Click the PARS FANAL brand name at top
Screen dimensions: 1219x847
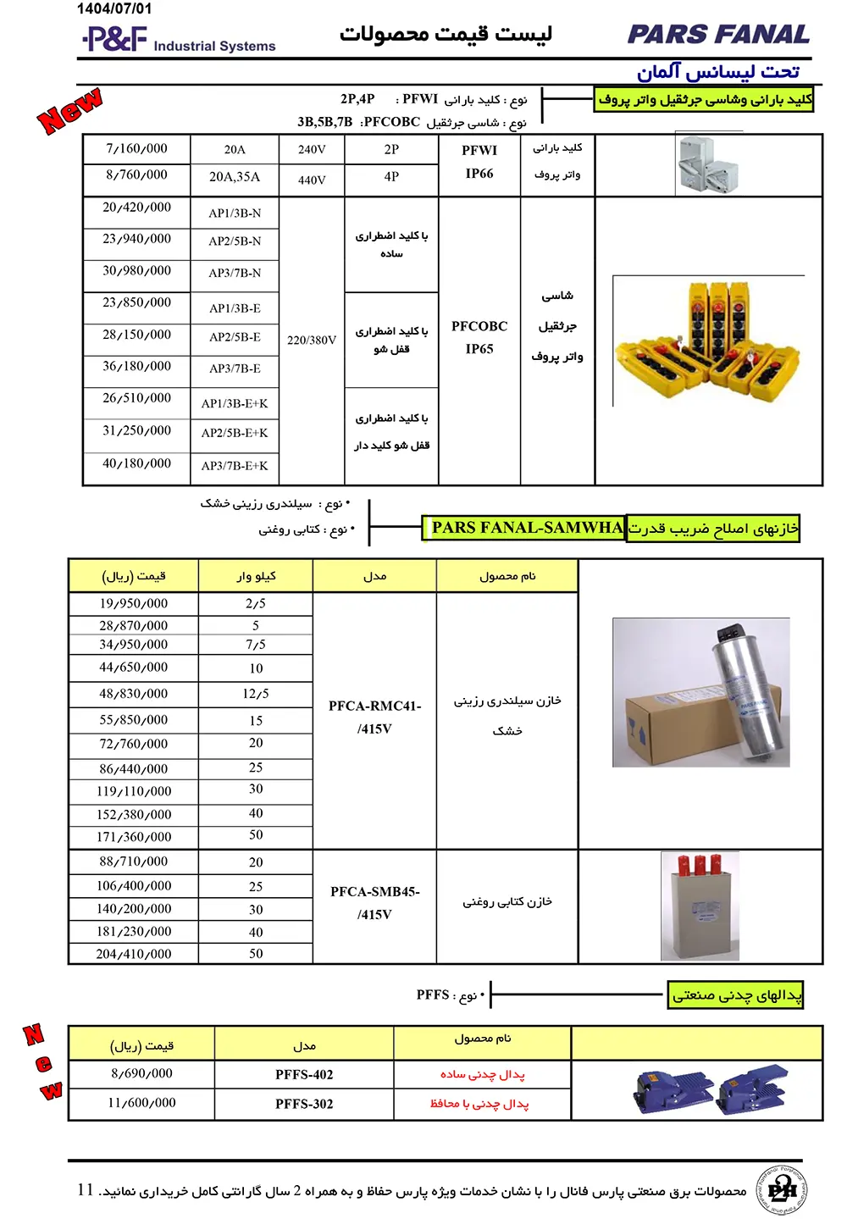[717, 35]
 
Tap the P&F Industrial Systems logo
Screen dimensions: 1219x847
[179, 40]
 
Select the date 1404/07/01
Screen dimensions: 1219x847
[114, 8]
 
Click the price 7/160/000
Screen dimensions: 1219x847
[136, 148]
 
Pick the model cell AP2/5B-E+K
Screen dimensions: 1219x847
[235, 433]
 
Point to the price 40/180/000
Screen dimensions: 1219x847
[136, 463]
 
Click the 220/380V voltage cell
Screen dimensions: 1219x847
[312, 340]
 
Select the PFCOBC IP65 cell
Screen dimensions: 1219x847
[479, 337]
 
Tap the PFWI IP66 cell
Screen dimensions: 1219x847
[479, 162]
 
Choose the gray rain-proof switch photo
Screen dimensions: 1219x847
[709, 164]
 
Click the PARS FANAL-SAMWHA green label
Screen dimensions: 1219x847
[525, 528]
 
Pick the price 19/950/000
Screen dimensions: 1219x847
[134, 603]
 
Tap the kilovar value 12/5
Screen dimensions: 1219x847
[256, 694]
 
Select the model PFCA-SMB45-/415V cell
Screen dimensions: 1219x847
[374, 903]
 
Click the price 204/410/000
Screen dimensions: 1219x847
[134, 954]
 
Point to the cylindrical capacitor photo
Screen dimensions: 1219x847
[701, 692]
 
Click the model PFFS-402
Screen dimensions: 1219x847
[304, 1074]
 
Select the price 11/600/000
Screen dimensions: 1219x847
[141, 1103]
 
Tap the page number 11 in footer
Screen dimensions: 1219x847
[86, 1189]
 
